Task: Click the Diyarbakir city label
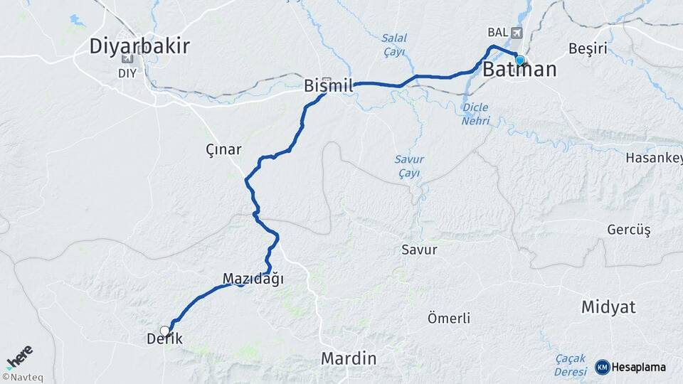[139, 47]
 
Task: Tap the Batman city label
[519, 70]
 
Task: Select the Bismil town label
[328, 86]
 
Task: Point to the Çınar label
[223, 150]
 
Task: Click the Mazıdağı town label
[253, 279]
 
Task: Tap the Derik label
[165, 340]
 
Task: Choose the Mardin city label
[349, 358]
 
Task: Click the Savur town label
[419, 250]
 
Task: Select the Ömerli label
[448, 319]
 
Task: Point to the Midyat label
[608, 307]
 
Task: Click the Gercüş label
[629, 230]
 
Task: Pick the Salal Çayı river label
[393, 45]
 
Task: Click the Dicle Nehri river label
[476, 114]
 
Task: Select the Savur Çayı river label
[409, 166]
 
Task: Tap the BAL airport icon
[516, 33]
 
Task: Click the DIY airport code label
[127, 73]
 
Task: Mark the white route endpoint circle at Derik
[165, 331]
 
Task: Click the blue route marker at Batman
[520, 60]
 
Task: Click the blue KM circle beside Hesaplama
[602, 367]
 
